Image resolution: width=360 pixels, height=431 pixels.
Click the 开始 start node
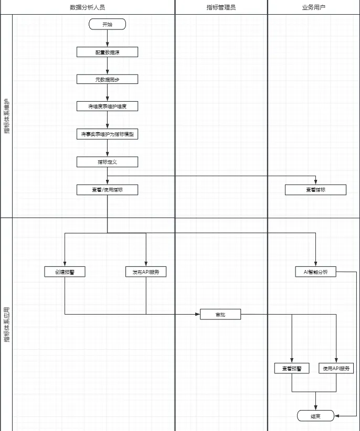point(107,24)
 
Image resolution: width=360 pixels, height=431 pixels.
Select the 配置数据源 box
point(107,52)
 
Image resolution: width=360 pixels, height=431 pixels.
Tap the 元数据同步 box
point(107,79)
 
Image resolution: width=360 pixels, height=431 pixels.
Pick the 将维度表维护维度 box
point(107,106)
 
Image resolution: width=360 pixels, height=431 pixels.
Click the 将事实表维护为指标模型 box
point(107,134)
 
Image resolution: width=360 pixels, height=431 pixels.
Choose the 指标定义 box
point(107,162)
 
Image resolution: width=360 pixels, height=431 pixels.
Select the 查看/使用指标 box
point(107,189)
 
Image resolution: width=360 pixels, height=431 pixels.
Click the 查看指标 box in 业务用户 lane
point(315,189)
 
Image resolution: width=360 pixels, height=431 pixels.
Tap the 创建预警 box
point(65,272)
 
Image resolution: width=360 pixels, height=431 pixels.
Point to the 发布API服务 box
point(146,272)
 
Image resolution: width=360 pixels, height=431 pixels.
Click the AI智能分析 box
point(315,272)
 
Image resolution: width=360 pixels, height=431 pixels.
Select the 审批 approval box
point(220,314)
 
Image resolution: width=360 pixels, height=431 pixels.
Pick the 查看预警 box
point(292,368)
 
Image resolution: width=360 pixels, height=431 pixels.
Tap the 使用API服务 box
point(336,368)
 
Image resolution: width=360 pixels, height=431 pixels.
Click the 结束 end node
point(315,416)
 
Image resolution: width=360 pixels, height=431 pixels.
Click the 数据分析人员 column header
point(91,7)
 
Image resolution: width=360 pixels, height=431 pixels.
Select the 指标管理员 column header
point(221,7)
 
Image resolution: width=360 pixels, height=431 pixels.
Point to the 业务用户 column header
point(313,7)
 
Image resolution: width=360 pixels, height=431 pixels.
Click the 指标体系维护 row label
point(6,115)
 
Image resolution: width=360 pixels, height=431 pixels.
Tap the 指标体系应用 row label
point(6,324)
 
